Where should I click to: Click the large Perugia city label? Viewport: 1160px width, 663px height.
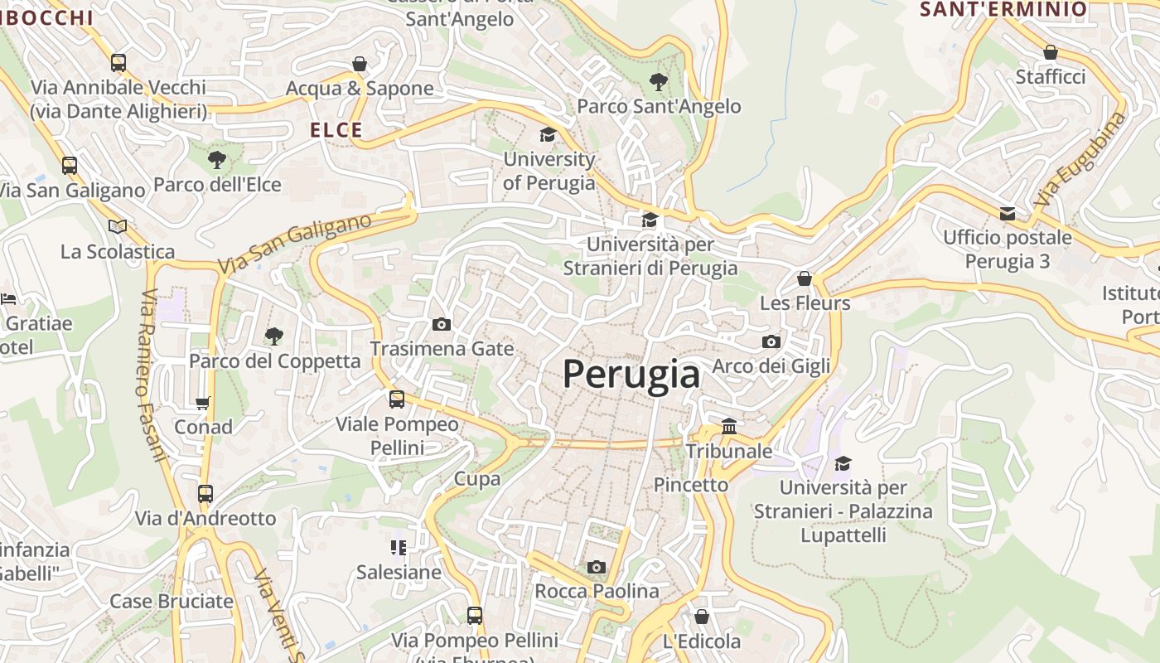(631, 375)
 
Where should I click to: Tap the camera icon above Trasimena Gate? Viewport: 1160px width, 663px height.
(442, 324)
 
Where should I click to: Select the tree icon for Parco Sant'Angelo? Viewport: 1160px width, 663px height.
(659, 81)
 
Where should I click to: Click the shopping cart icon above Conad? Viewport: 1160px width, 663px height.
(203, 403)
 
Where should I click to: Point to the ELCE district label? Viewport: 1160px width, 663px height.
(336, 130)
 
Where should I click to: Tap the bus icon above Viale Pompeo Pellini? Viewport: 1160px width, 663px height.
(397, 399)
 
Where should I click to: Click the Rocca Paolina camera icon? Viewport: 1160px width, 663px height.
(596, 567)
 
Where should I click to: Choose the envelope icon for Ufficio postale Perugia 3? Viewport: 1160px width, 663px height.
(1008, 214)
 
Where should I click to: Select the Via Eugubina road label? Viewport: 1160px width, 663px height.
(1081, 159)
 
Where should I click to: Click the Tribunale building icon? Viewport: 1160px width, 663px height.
(729, 426)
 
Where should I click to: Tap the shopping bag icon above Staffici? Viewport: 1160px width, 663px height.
(1051, 52)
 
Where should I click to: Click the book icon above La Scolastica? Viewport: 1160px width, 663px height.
(118, 226)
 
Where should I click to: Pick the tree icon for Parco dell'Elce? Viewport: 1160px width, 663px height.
(217, 159)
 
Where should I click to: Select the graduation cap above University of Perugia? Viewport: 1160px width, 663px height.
(548, 134)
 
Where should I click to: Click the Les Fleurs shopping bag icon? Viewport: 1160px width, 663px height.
(805, 278)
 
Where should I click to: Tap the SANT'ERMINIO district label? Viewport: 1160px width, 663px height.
(1003, 9)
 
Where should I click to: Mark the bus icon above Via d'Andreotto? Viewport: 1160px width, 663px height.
(205, 494)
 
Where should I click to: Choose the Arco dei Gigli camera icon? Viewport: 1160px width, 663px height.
(771, 341)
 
